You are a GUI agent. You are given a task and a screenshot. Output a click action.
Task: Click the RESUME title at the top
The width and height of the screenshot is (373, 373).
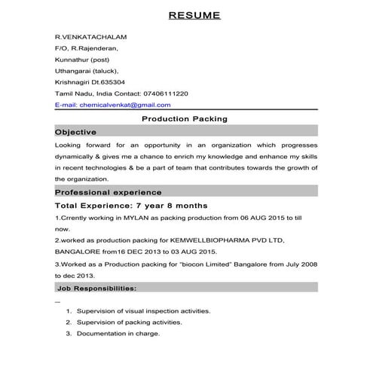pyautogui.click(x=194, y=15)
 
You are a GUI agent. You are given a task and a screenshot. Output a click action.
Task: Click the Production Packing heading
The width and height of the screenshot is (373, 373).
pyautogui.click(x=185, y=119)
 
